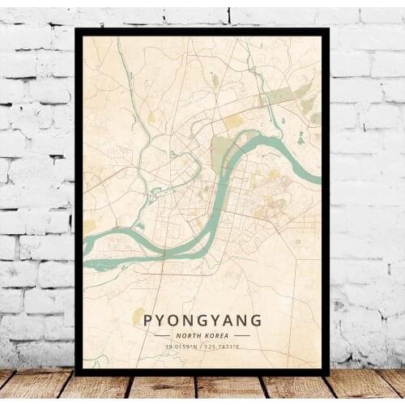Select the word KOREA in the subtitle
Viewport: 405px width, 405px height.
coord(217,335)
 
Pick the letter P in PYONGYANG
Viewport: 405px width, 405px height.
coord(148,320)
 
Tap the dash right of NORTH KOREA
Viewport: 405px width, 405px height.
coord(241,335)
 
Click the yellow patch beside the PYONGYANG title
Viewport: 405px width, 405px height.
coord(139,317)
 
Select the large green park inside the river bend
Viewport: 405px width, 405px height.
coord(221,150)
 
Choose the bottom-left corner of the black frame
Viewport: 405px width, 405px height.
coord(76,374)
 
